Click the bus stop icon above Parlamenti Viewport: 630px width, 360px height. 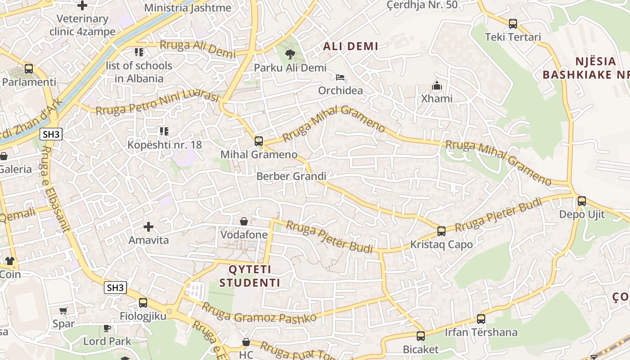coord(29,69)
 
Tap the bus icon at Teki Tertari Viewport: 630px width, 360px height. coord(513,24)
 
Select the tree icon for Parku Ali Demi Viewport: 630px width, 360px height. coord(290,54)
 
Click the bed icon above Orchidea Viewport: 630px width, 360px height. coord(340,77)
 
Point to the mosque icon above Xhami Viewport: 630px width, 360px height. coord(436,85)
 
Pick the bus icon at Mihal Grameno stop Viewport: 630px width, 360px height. coord(258,141)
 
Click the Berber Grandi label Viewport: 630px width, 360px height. coord(291,176)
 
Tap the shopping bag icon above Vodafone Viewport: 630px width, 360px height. coord(244,221)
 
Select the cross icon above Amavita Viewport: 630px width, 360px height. coord(148,227)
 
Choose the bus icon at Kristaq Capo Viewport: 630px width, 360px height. coord(441,231)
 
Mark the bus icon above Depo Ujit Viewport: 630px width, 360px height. coord(582,201)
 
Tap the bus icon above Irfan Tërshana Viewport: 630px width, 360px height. coord(481,319)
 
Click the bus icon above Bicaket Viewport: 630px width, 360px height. coord(420,336)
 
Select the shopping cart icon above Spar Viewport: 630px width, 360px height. coord(63,311)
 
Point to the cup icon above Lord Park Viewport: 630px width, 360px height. coord(107,328)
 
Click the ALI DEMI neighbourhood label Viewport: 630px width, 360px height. coord(351,46)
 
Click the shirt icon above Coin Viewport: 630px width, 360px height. coord(10,261)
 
